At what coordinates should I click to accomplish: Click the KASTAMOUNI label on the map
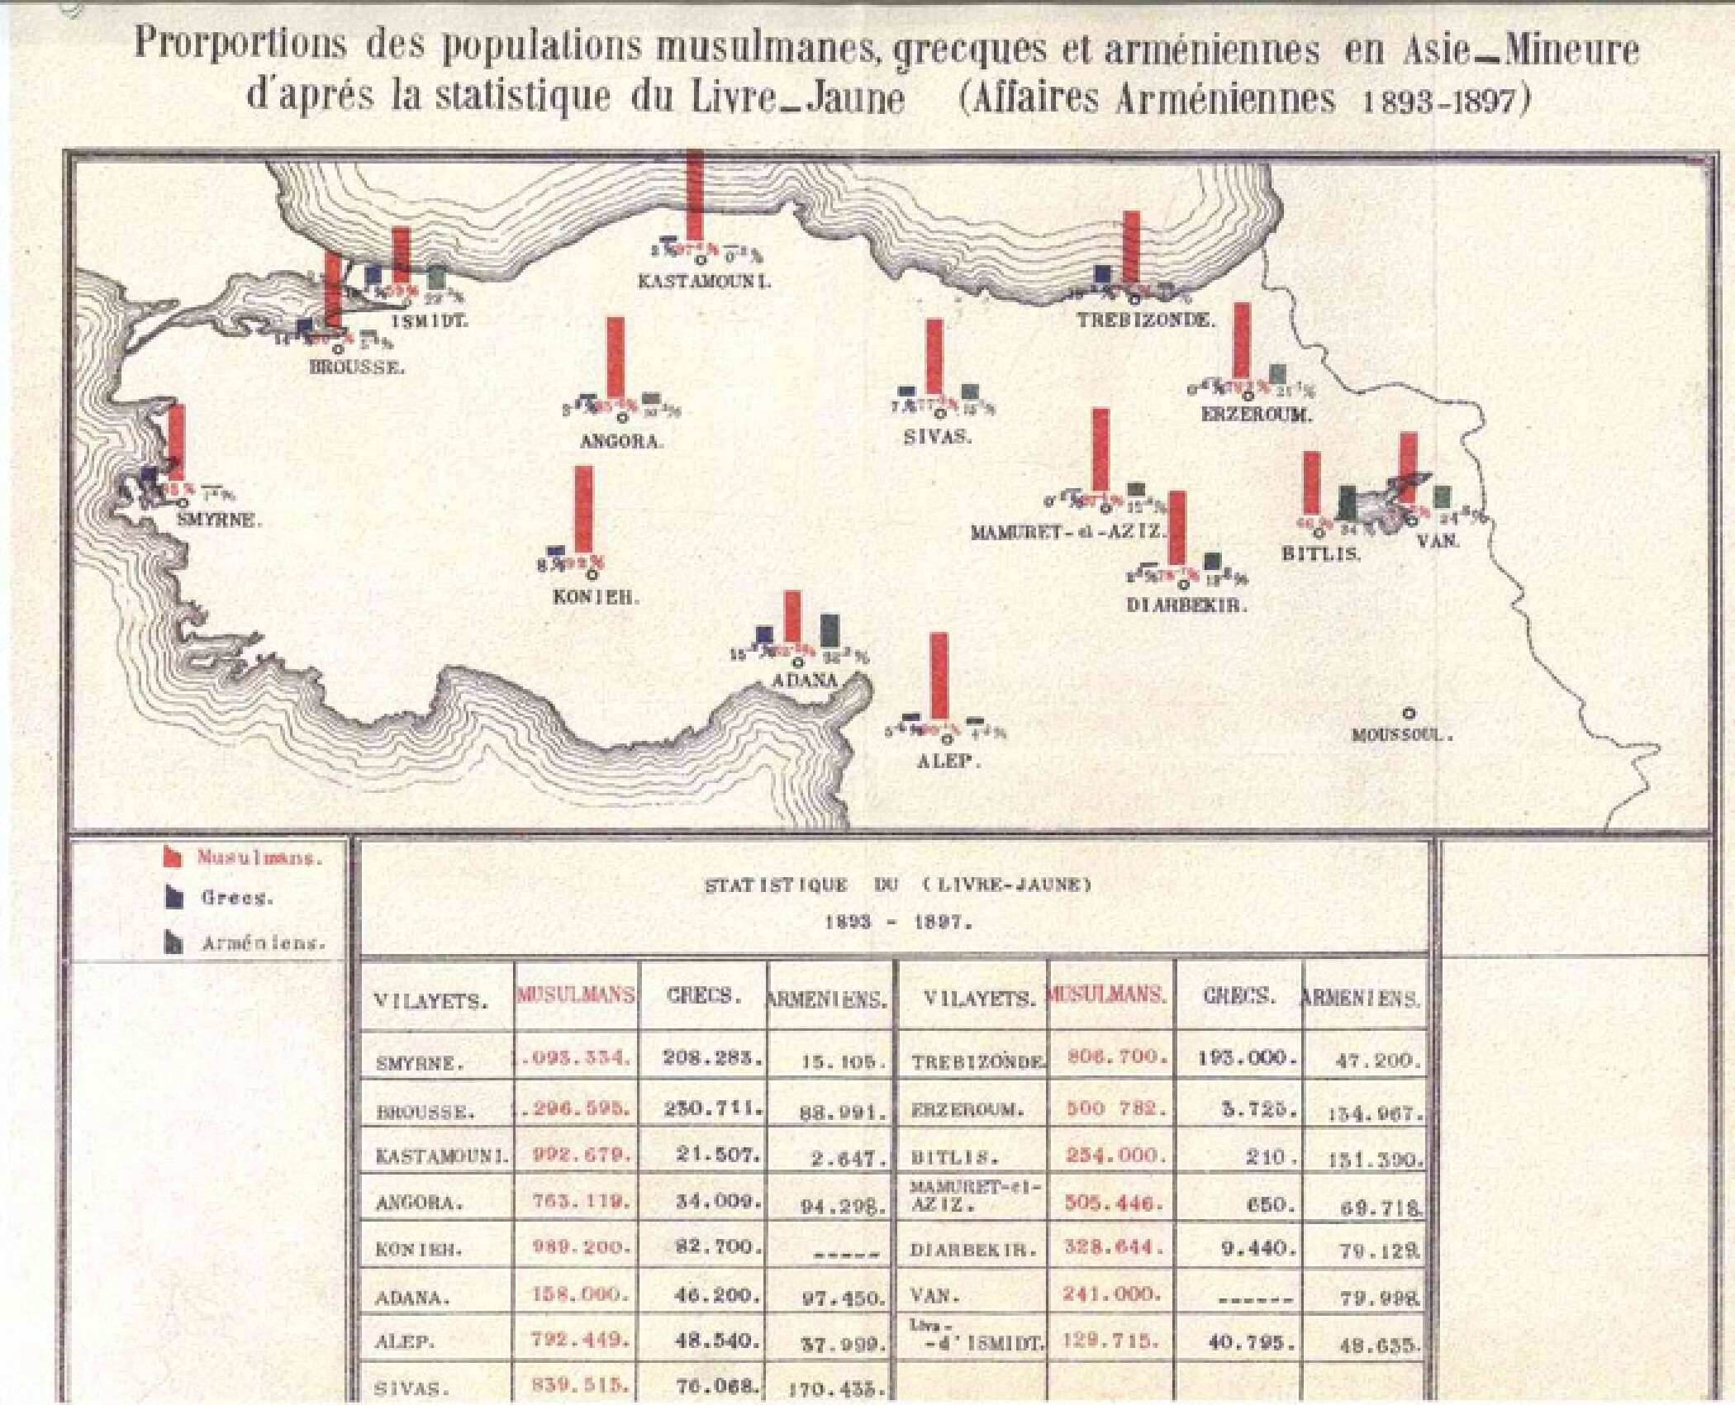[703, 282]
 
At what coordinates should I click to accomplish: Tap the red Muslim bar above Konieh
[583, 509]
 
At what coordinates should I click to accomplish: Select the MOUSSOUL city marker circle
[1409, 713]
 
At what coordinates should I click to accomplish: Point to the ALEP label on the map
[948, 762]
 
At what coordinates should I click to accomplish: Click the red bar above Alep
[939, 676]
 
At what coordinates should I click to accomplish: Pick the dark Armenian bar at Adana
[830, 630]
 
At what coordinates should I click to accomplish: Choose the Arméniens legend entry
[263, 943]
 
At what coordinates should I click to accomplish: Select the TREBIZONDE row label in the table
[978, 1062]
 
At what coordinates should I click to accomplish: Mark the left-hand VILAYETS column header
[430, 1001]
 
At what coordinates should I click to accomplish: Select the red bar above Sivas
[934, 356]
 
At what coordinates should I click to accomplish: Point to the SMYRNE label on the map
[218, 521]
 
